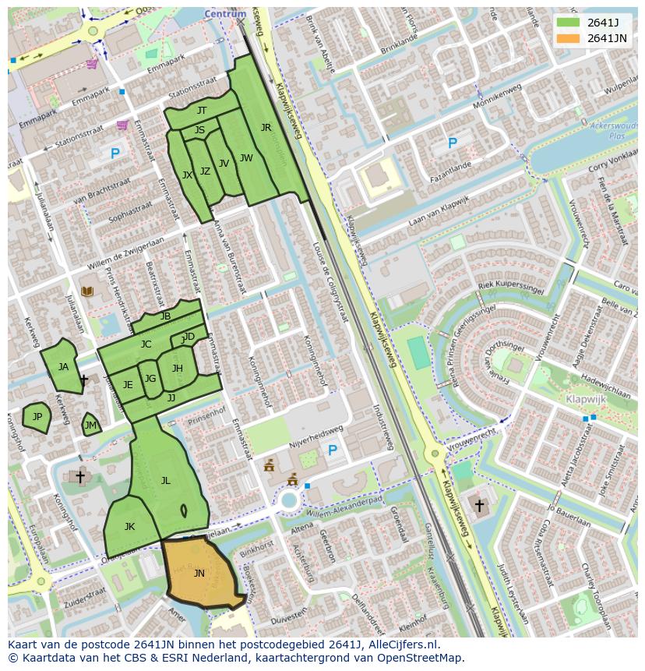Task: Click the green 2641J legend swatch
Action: (569, 23)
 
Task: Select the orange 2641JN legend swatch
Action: (569, 38)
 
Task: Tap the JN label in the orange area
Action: (199, 574)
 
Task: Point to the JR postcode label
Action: (266, 128)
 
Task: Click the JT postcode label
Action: (202, 111)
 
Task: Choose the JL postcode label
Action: (165, 481)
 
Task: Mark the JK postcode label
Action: (129, 527)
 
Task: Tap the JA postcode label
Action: (63, 367)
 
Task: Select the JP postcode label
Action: (37, 417)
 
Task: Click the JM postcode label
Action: (90, 426)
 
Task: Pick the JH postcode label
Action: (178, 369)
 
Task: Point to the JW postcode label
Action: (246, 158)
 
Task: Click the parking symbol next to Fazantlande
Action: (452, 143)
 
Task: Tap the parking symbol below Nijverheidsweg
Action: (333, 450)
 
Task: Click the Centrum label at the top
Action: (225, 14)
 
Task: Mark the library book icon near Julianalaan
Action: (87, 291)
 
